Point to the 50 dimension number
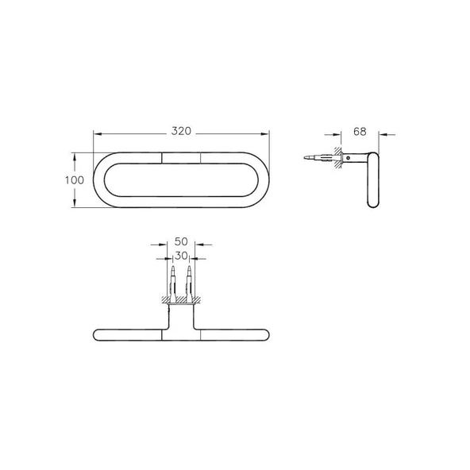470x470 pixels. click(x=181, y=240)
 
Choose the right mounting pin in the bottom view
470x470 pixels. click(x=189, y=279)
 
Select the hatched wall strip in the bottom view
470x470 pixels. click(x=181, y=300)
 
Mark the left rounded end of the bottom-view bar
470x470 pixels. click(x=98, y=333)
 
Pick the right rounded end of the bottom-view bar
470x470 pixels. click(x=265, y=333)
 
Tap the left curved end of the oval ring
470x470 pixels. click(x=98, y=180)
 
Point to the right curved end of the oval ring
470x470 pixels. click(x=266, y=180)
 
